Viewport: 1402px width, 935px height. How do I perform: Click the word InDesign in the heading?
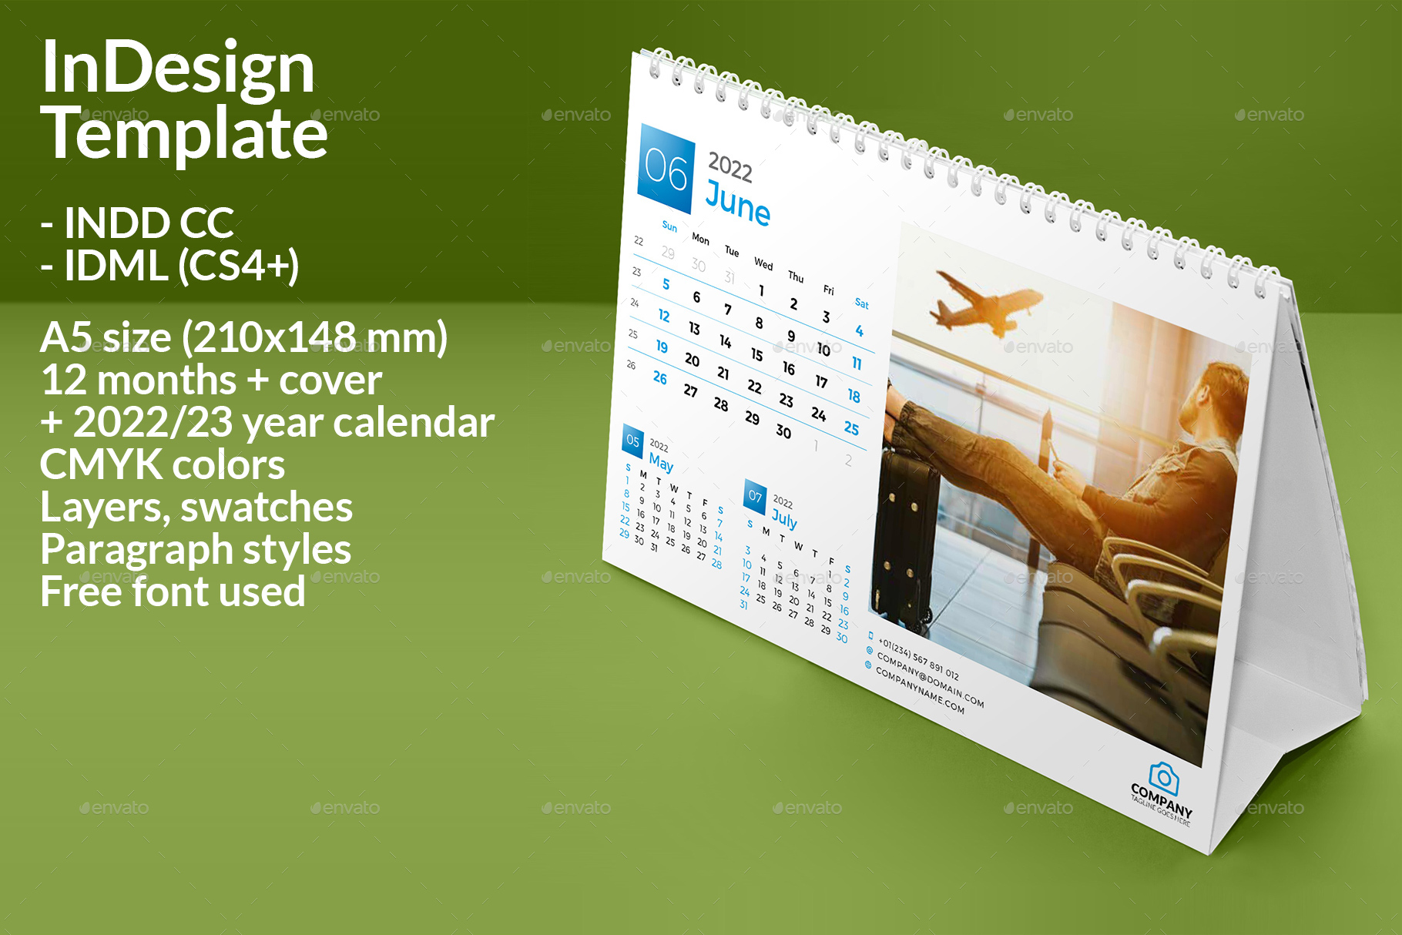click(177, 68)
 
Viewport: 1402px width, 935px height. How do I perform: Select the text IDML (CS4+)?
click(181, 266)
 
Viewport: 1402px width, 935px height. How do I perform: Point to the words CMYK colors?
click(162, 464)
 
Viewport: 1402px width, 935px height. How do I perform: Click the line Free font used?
click(173, 591)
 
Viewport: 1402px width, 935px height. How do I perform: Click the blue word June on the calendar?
click(737, 204)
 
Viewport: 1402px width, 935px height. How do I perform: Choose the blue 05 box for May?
click(632, 441)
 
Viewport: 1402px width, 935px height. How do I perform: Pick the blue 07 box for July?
click(755, 496)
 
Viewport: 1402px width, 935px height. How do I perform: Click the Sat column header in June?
click(861, 303)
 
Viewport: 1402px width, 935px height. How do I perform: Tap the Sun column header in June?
click(669, 226)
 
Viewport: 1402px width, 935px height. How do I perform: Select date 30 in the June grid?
click(783, 431)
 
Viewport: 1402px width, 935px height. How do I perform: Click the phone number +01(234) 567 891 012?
click(918, 659)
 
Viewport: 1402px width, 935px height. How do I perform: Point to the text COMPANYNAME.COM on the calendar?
click(920, 691)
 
